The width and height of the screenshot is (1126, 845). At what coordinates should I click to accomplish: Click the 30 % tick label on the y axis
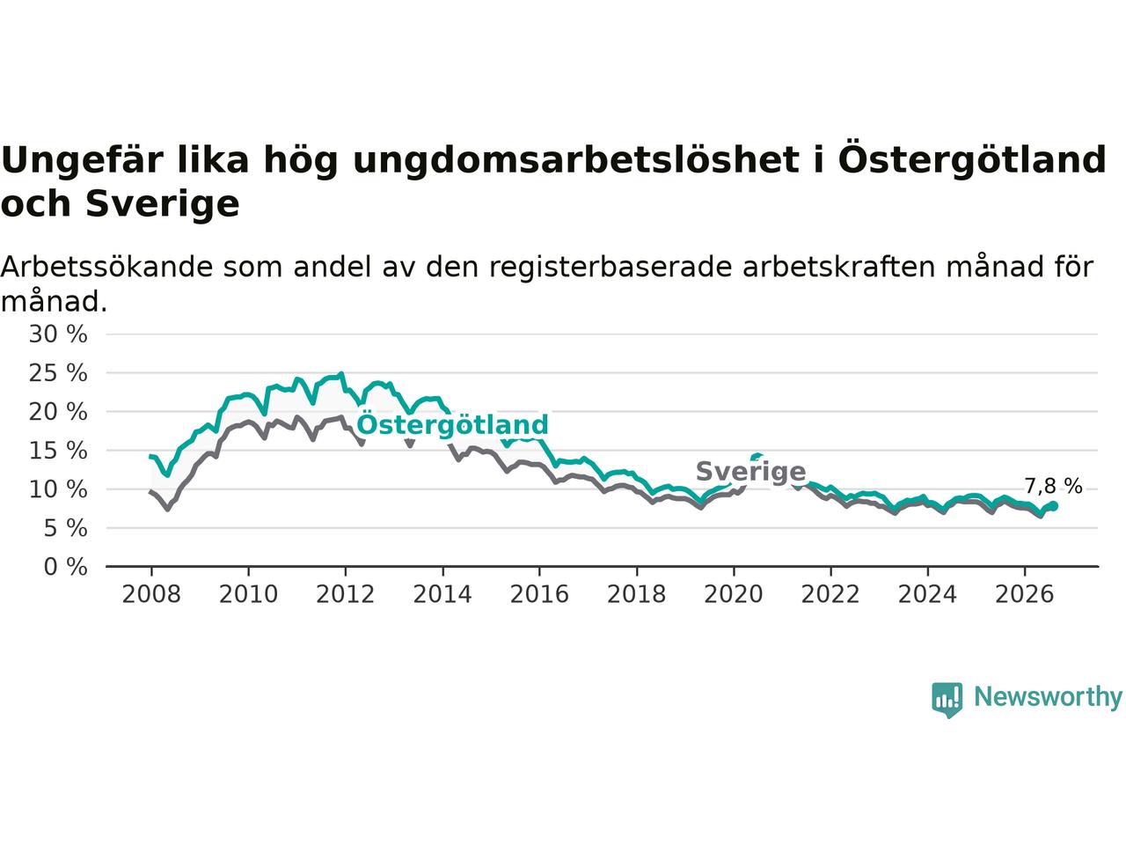coord(58,334)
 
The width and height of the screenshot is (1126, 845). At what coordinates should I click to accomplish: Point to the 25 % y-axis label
coord(58,373)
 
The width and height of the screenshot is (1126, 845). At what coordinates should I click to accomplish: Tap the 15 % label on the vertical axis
coord(58,451)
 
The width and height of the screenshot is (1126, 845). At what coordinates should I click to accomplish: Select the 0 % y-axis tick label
coord(65,567)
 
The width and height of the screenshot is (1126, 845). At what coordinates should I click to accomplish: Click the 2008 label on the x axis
coord(151,594)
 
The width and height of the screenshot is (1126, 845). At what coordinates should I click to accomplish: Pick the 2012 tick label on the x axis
coord(345,594)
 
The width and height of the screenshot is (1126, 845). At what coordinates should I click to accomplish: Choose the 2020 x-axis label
coord(734,594)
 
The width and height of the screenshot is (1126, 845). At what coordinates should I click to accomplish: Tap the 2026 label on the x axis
coord(1025,594)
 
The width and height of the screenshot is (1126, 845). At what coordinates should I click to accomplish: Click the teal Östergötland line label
coord(452,424)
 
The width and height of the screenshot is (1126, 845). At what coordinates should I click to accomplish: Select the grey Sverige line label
coord(751,471)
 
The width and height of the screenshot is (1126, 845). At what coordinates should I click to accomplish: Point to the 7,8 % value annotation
coord(1053,485)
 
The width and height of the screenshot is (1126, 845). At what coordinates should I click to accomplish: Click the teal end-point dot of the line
coord(1054,506)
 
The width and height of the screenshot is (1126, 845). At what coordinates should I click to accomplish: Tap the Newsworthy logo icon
coord(947,700)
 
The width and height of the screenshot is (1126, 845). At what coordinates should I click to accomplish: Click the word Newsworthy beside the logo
coord(1048,697)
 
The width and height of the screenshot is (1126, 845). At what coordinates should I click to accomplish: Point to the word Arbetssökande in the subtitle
coord(106,267)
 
